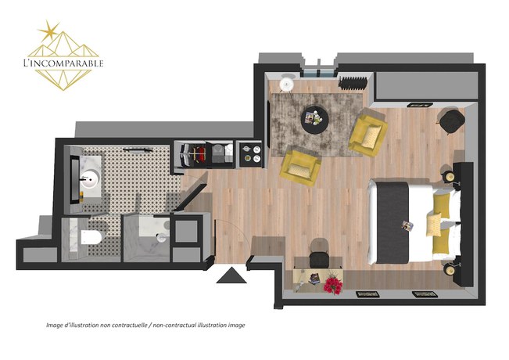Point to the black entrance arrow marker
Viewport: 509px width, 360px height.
pyautogui.click(x=232, y=275)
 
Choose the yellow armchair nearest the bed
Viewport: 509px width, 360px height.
pyautogui.click(x=367, y=131)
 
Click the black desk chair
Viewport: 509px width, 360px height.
pyautogui.click(x=318, y=258)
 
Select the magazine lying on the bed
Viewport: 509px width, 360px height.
pyautogui.click(x=407, y=226)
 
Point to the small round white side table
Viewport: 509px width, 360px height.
pyautogui.click(x=286, y=82)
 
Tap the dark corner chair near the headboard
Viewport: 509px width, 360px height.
pyautogui.click(x=451, y=121)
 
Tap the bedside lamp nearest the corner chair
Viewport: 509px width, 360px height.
pyautogui.click(x=451, y=177)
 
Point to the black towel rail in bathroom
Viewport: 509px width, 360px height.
pyautogui.click(x=141, y=149)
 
